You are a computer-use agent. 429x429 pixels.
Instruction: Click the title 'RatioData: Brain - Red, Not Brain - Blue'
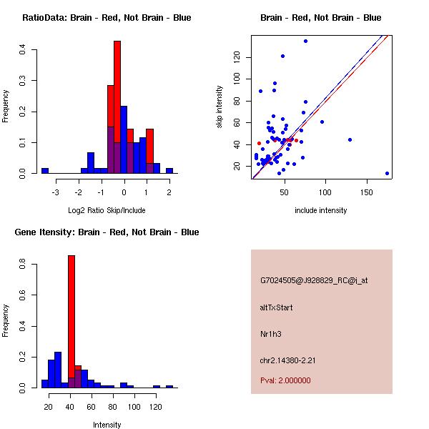107,18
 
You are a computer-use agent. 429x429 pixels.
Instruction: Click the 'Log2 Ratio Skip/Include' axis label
107,210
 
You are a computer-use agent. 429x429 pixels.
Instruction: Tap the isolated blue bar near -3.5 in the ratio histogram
45,171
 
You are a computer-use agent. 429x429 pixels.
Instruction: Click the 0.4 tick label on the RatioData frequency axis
23,49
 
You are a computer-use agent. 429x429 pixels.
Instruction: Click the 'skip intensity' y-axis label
220,107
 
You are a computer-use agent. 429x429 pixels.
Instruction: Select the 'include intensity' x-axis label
320,210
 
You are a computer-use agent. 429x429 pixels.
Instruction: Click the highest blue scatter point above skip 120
305,41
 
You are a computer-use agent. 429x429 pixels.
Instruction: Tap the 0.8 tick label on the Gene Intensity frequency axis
23,265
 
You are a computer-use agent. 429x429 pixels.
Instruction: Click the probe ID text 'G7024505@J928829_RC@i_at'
314,281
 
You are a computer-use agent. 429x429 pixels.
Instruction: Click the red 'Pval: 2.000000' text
285,380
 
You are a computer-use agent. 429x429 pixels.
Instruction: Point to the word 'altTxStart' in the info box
276,307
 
